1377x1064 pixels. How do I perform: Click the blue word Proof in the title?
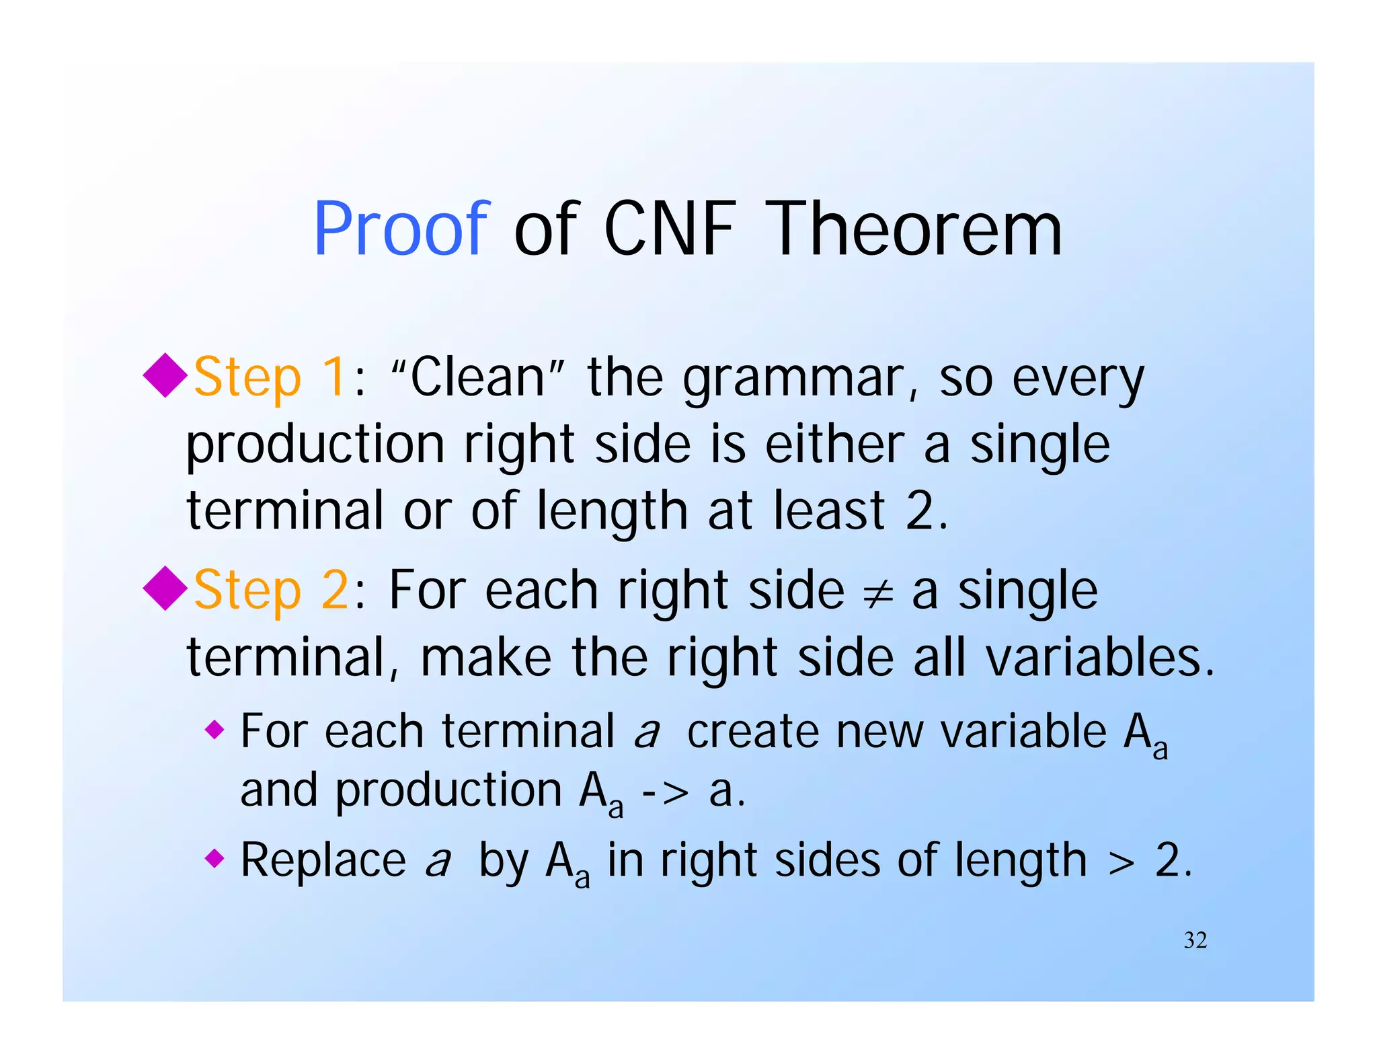tap(401, 230)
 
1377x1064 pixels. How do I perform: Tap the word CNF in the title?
tap(669, 230)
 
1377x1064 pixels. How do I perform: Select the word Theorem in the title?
tap(914, 230)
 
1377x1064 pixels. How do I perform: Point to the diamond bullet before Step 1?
tap(165, 376)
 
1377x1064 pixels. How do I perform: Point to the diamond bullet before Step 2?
tap(165, 588)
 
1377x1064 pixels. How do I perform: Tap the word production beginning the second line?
tap(315, 445)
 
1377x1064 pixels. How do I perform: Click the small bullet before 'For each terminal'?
tap(214, 730)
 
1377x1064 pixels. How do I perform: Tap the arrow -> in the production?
tap(665, 792)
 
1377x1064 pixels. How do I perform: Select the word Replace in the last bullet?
tap(323, 860)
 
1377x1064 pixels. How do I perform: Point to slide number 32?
tap(1195, 940)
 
